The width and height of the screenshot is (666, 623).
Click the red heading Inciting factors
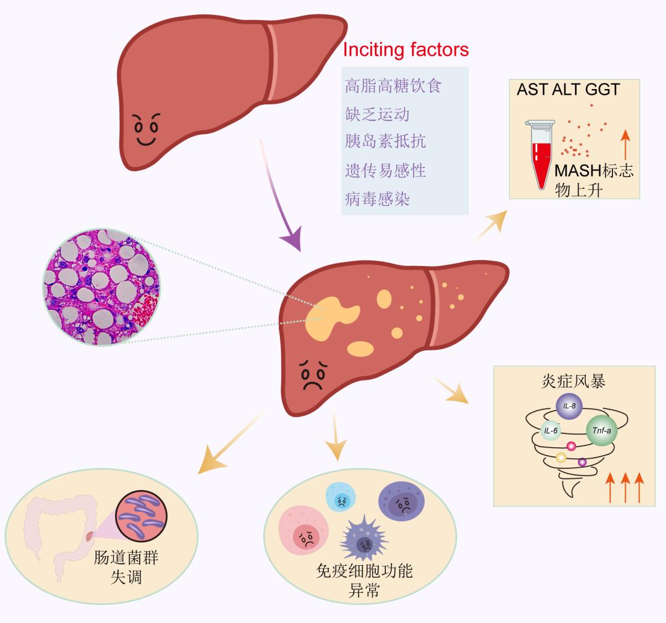tap(405, 49)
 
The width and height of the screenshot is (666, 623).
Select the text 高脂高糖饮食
tap(393, 85)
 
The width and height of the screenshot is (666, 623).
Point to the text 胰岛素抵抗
tap(385, 142)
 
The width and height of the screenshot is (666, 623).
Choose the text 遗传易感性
tap(385, 170)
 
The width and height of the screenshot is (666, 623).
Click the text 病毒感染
tap(377, 198)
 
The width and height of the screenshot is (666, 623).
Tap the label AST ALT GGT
tap(568, 90)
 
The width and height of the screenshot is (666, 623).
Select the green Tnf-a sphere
tap(602, 431)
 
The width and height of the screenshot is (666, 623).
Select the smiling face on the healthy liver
tap(147, 129)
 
